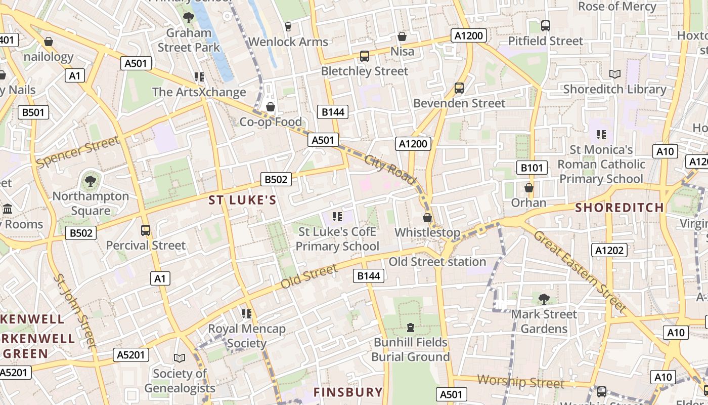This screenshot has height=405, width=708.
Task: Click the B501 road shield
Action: click(33, 112)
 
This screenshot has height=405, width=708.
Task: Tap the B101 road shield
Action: click(532, 168)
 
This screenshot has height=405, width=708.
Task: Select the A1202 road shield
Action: click(609, 250)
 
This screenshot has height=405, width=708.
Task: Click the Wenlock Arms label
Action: click(288, 42)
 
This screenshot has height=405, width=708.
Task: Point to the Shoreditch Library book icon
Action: click(614, 74)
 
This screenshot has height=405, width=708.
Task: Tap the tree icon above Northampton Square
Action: click(91, 181)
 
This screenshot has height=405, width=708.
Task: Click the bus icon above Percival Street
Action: click(146, 230)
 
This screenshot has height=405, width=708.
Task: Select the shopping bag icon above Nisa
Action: click(402, 36)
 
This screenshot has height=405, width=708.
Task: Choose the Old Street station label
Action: click(437, 262)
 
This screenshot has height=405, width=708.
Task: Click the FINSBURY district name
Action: click(348, 392)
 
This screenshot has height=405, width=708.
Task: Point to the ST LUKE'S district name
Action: click(243, 200)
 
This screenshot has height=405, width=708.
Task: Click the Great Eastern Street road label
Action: click(580, 271)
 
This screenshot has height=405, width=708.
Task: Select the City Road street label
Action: click(389, 170)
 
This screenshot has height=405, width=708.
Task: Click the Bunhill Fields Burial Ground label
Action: click(410, 349)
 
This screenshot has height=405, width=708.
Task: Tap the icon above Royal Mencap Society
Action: click(247, 313)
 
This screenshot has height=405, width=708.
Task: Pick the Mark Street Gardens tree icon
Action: click(544, 299)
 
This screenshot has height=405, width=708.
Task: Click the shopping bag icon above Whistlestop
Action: click(427, 218)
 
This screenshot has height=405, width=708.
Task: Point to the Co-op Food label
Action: click(270, 122)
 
